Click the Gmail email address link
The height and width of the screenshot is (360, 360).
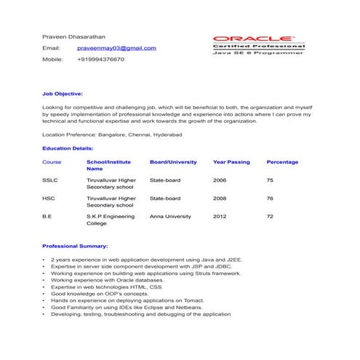[116, 48]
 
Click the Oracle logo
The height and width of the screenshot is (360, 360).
[254, 37]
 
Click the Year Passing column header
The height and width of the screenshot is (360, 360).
[231, 162]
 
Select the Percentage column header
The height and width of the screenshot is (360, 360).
[282, 162]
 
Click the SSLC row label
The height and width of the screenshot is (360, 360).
[50, 180]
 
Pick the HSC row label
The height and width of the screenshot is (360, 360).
[49, 198]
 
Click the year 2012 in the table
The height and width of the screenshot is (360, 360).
[220, 216]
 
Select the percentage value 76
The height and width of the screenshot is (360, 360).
[270, 198]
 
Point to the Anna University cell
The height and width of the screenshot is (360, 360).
[170, 216]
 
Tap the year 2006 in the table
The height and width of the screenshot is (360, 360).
[220, 180]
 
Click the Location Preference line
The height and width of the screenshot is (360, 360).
[112, 135]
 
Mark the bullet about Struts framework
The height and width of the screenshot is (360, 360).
[145, 273]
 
